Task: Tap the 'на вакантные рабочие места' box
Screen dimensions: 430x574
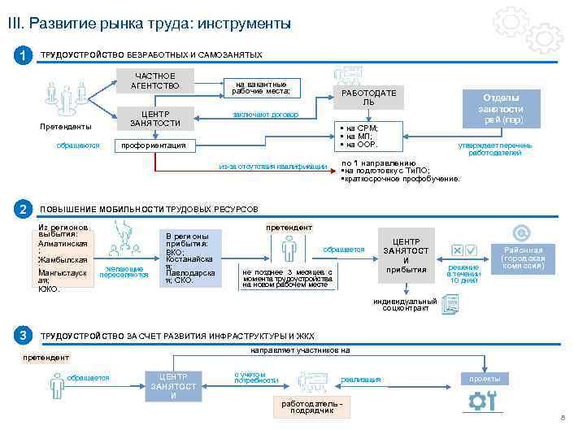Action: click(x=260, y=87)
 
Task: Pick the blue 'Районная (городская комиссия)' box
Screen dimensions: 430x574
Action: click(x=524, y=258)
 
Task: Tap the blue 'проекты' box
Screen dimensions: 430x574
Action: click(x=485, y=379)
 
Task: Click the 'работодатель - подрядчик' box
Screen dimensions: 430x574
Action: click(x=313, y=406)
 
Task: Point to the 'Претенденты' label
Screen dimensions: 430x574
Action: click(x=66, y=128)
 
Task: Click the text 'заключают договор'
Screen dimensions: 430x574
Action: click(x=266, y=115)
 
